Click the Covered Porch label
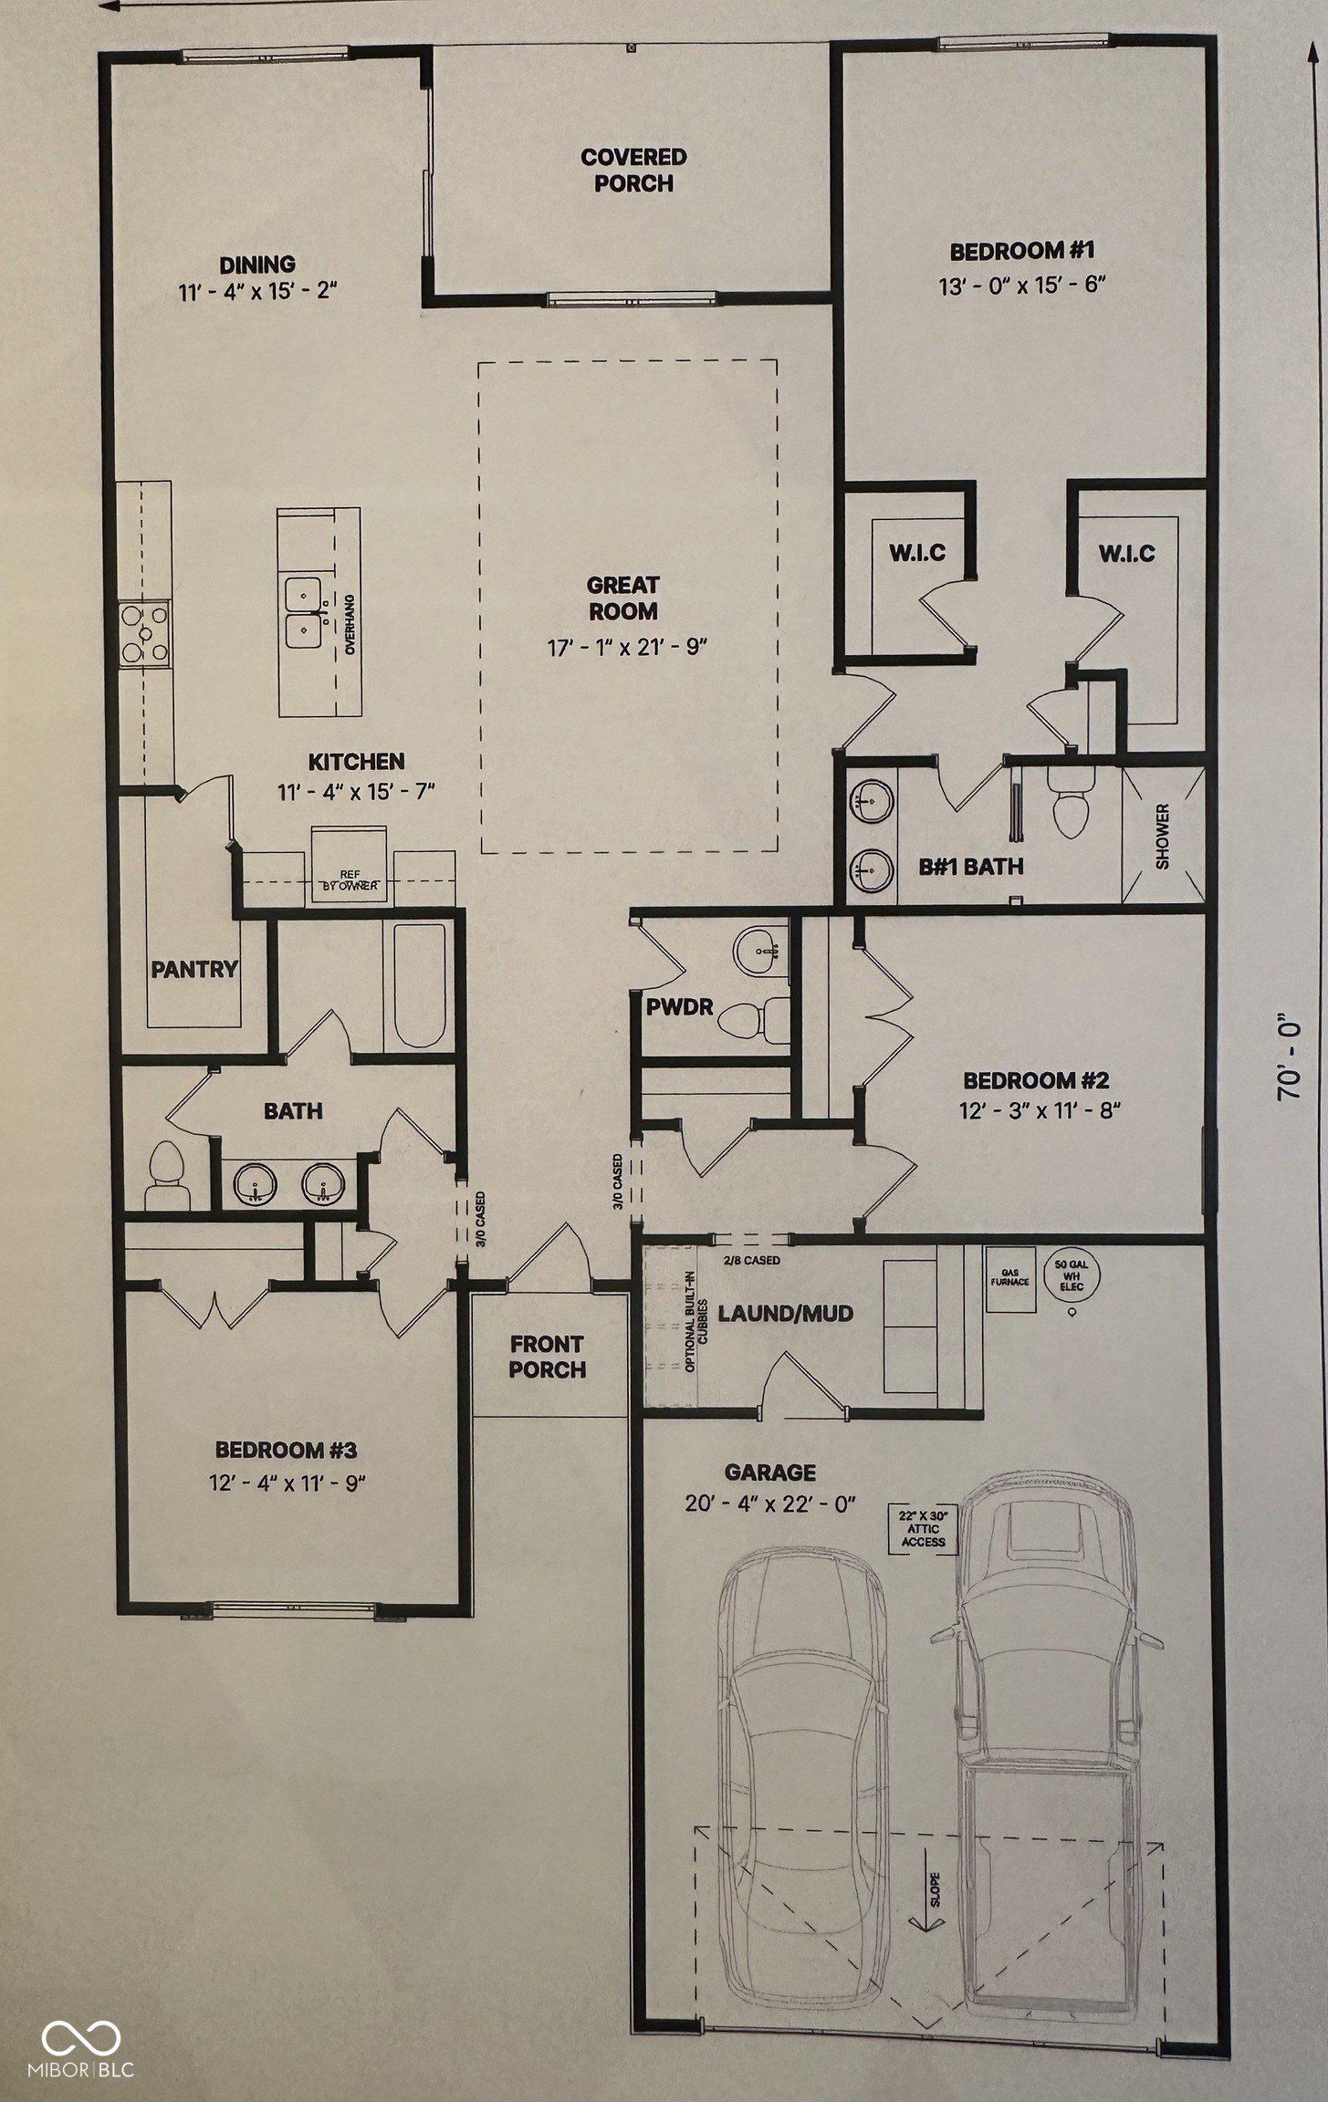pos(633,171)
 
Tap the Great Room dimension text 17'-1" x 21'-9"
pos(627,647)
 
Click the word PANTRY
pos(194,969)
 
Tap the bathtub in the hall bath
pos(416,986)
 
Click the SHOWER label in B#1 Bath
pos(1162,836)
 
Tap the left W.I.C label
pos(917,552)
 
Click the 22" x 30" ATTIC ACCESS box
pos(923,1528)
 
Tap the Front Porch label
pos(548,1356)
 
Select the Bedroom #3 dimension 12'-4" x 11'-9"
pos(287,1483)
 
